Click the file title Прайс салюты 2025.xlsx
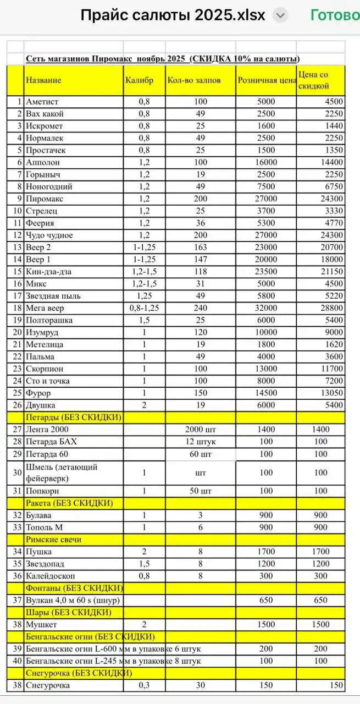pyautogui.click(x=173, y=15)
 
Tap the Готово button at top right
pyautogui.click(x=335, y=15)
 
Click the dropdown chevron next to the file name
pyautogui.click(x=280, y=15)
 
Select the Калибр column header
pyautogui.click(x=136, y=80)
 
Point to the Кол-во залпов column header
pyautogui.click(x=193, y=80)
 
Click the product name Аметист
pyautogui.click(x=42, y=102)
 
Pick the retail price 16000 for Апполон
pyautogui.click(x=266, y=162)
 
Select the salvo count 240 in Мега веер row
pyautogui.click(x=200, y=308)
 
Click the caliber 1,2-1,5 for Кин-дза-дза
pyautogui.click(x=145, y=272)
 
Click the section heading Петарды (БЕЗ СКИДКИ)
pyautogui.click(x=73, y=417)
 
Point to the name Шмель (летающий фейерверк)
pyautogui.click(x=62, y=472)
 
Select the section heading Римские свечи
pyautogui.click(x=52, y=540)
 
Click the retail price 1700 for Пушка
pyautogui.click(x=266, y=552)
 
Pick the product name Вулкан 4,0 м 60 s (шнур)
pyautogui.click(x=73, y=600)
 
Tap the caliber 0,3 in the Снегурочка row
pyautogui.click(x=145, y=685)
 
